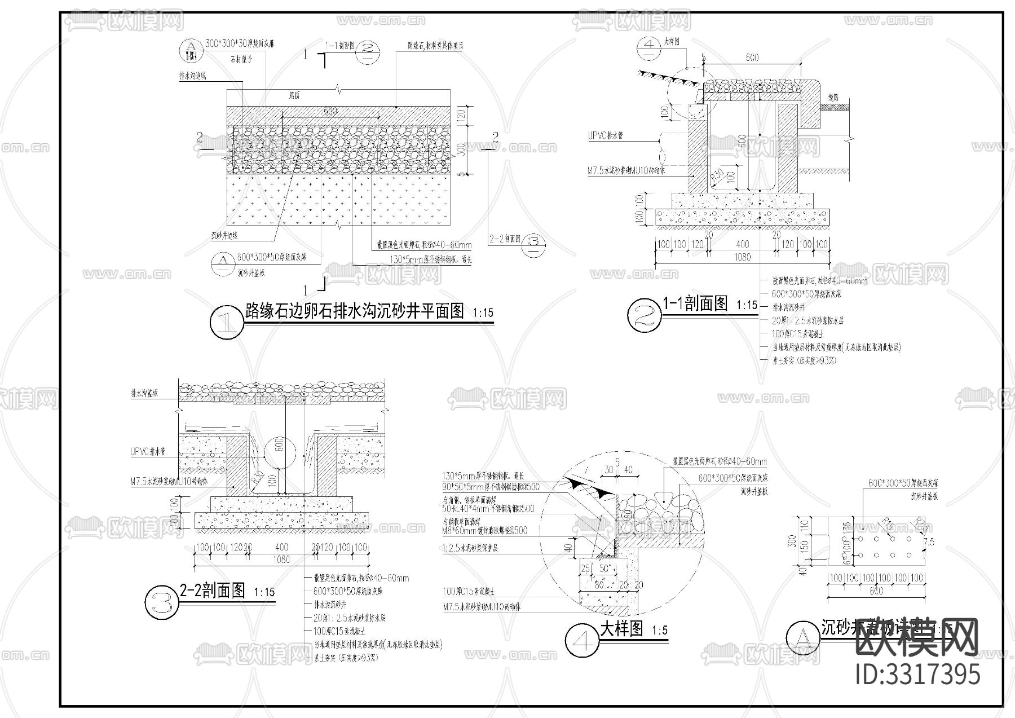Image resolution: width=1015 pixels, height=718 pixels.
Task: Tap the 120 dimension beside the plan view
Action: click(460, 116)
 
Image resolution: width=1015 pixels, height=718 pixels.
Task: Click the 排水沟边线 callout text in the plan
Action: click(192, 76)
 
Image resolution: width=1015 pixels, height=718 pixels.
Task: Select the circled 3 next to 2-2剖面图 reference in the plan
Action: click(534, 243)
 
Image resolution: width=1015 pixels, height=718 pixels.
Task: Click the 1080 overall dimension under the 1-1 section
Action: click(743, 257)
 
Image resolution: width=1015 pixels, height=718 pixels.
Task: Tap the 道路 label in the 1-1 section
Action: click(833, 98)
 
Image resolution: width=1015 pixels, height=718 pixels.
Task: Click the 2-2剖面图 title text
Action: click(212, 591)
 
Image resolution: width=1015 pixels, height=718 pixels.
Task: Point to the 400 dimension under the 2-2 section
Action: click(281, 548)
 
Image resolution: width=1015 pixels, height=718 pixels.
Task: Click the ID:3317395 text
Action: click(918, 675)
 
